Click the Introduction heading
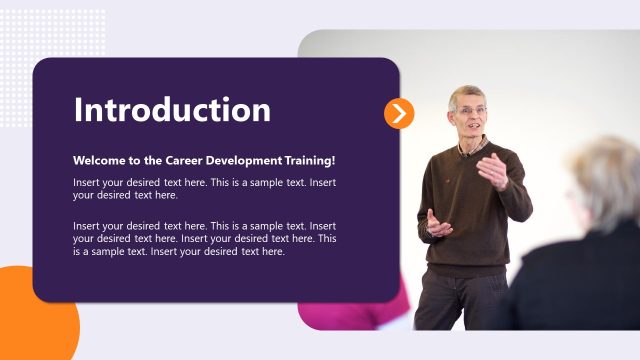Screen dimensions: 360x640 172,110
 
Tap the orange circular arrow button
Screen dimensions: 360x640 399,113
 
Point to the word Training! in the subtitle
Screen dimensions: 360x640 309,160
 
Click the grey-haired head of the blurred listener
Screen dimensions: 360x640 606,180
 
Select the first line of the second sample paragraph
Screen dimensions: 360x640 204,226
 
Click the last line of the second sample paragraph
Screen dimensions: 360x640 179,252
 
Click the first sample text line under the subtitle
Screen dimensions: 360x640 204,183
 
